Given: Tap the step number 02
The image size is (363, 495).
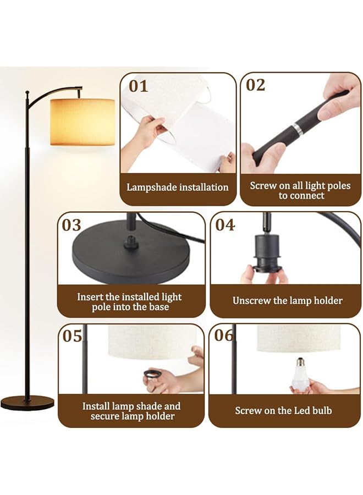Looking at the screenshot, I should point(256,85).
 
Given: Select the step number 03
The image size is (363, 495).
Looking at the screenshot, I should point(71,225).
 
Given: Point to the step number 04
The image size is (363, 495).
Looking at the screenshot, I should point(225,225).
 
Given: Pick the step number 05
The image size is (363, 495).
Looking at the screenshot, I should point(73,335).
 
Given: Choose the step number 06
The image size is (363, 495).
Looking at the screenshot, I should point(224,335).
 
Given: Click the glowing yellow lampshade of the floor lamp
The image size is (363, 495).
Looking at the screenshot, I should point(82,122).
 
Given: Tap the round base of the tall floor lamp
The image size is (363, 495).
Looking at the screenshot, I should point(27,403).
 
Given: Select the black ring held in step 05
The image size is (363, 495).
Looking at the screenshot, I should point(152,375).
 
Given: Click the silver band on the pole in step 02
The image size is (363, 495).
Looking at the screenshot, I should point(297,129).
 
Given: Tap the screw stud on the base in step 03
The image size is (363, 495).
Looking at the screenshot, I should point(131,241).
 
